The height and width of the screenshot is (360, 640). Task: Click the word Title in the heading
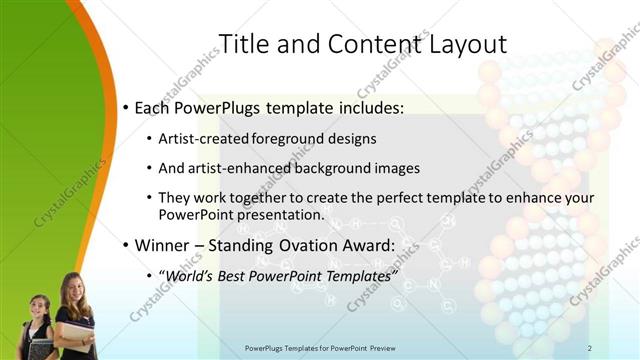[x=243, y=44]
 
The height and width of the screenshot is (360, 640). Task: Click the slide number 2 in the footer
[x=590, y=348]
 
